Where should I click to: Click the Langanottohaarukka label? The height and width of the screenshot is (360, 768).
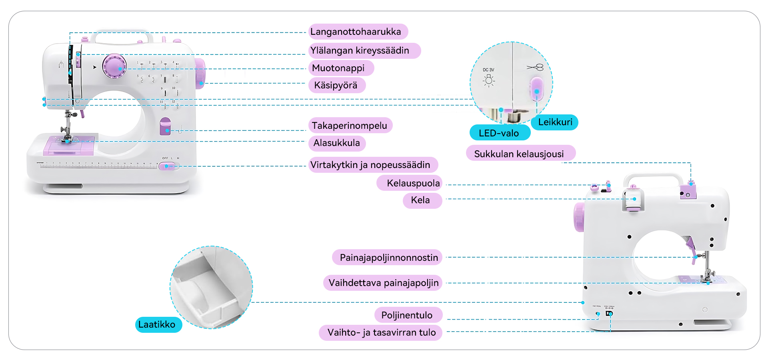tap(356, 32)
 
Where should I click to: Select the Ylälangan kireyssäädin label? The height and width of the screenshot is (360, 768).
tap(360, 51)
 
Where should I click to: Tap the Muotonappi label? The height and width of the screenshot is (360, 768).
tap(338, 68)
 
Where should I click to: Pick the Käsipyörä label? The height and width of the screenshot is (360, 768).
tap(336, 85)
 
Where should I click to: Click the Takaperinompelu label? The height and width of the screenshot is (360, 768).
tap(349, 126)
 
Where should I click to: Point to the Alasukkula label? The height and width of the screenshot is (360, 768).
tap(336, 143)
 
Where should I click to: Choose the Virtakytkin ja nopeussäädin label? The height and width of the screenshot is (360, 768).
tap(370, 165)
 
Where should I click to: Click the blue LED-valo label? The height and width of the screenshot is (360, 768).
tap(499, 133)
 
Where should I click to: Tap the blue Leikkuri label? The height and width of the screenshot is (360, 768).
tap(555, 122)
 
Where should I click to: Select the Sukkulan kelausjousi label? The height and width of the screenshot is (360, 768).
tap(519, 154)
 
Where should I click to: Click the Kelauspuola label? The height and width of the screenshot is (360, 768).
tap(413, 183)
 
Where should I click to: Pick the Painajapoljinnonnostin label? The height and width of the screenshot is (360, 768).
tap(388, 257)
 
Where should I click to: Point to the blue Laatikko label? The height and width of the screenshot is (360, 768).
tap(157, 324)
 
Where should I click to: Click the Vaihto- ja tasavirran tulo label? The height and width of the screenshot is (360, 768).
tap(381, 332)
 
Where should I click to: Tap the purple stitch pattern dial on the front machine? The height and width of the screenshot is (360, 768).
tap(114, 66)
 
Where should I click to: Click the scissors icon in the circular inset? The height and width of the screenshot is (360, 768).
tap(535, 67)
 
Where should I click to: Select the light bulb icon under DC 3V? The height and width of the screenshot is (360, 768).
tap(488, 80)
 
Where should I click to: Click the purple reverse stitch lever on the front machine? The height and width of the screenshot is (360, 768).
tap(165, 126)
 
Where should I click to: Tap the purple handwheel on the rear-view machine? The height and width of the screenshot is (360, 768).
tap(579, 217)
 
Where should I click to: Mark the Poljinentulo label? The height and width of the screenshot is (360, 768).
tap(407, 315)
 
